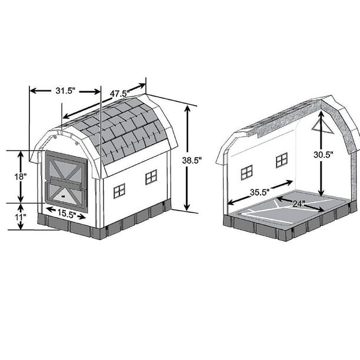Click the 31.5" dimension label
pos(65,91)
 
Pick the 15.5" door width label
pos(65,215)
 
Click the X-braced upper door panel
pos(66,166)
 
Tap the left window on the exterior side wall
pos(119,190)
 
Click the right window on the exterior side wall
pos(151,176)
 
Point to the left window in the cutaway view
pos(246,172)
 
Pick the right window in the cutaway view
pos(282,159)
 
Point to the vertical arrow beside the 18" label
pos(21,176)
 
